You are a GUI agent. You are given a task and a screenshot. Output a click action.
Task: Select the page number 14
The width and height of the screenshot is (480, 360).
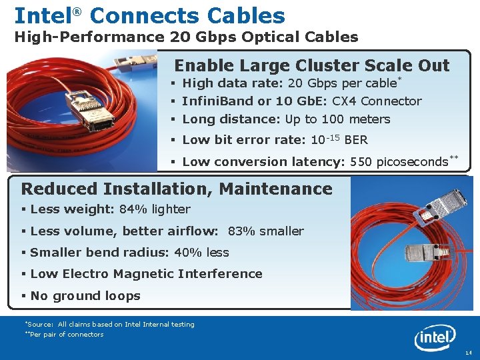[468, 352]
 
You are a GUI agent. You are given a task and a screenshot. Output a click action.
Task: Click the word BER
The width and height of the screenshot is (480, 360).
[356, 140]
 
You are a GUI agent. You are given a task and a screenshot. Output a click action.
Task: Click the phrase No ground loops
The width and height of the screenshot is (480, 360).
[85, 296]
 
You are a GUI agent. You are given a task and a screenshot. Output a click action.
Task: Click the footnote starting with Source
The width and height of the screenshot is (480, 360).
[109, 325]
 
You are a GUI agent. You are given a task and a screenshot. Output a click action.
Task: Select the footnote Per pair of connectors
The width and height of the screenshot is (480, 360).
[65, 335]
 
